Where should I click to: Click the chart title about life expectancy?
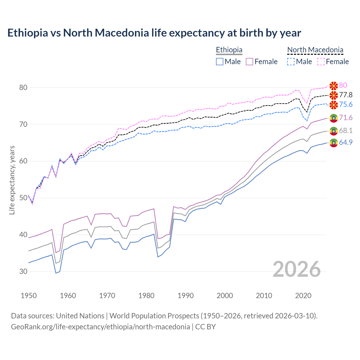pos(154,33)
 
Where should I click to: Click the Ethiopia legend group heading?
pos(229,50)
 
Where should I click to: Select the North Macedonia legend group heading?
pos(315,50)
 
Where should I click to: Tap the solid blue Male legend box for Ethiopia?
pos(220,62)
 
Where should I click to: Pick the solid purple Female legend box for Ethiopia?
pos(249,62)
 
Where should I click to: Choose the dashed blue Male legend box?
pos(291,62)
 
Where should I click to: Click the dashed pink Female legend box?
pos(321,62)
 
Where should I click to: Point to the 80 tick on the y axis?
pos(23,87)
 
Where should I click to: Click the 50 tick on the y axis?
pos(23,198)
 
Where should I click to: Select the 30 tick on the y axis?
pos(23,272)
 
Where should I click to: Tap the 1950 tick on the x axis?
pos(29,296)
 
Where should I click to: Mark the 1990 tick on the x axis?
pos(186,296)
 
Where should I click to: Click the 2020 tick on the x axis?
pos(303,296)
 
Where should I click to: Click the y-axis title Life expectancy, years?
pos(12,180)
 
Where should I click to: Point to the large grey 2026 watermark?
pos(296,269)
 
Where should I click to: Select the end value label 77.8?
pos(346,95)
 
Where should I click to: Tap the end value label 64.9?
pos(346,143)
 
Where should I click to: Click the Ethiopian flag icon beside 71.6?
pos(334,118)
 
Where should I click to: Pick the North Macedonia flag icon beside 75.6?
pos(334,105)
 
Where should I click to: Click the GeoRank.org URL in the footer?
pos(100,327)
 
